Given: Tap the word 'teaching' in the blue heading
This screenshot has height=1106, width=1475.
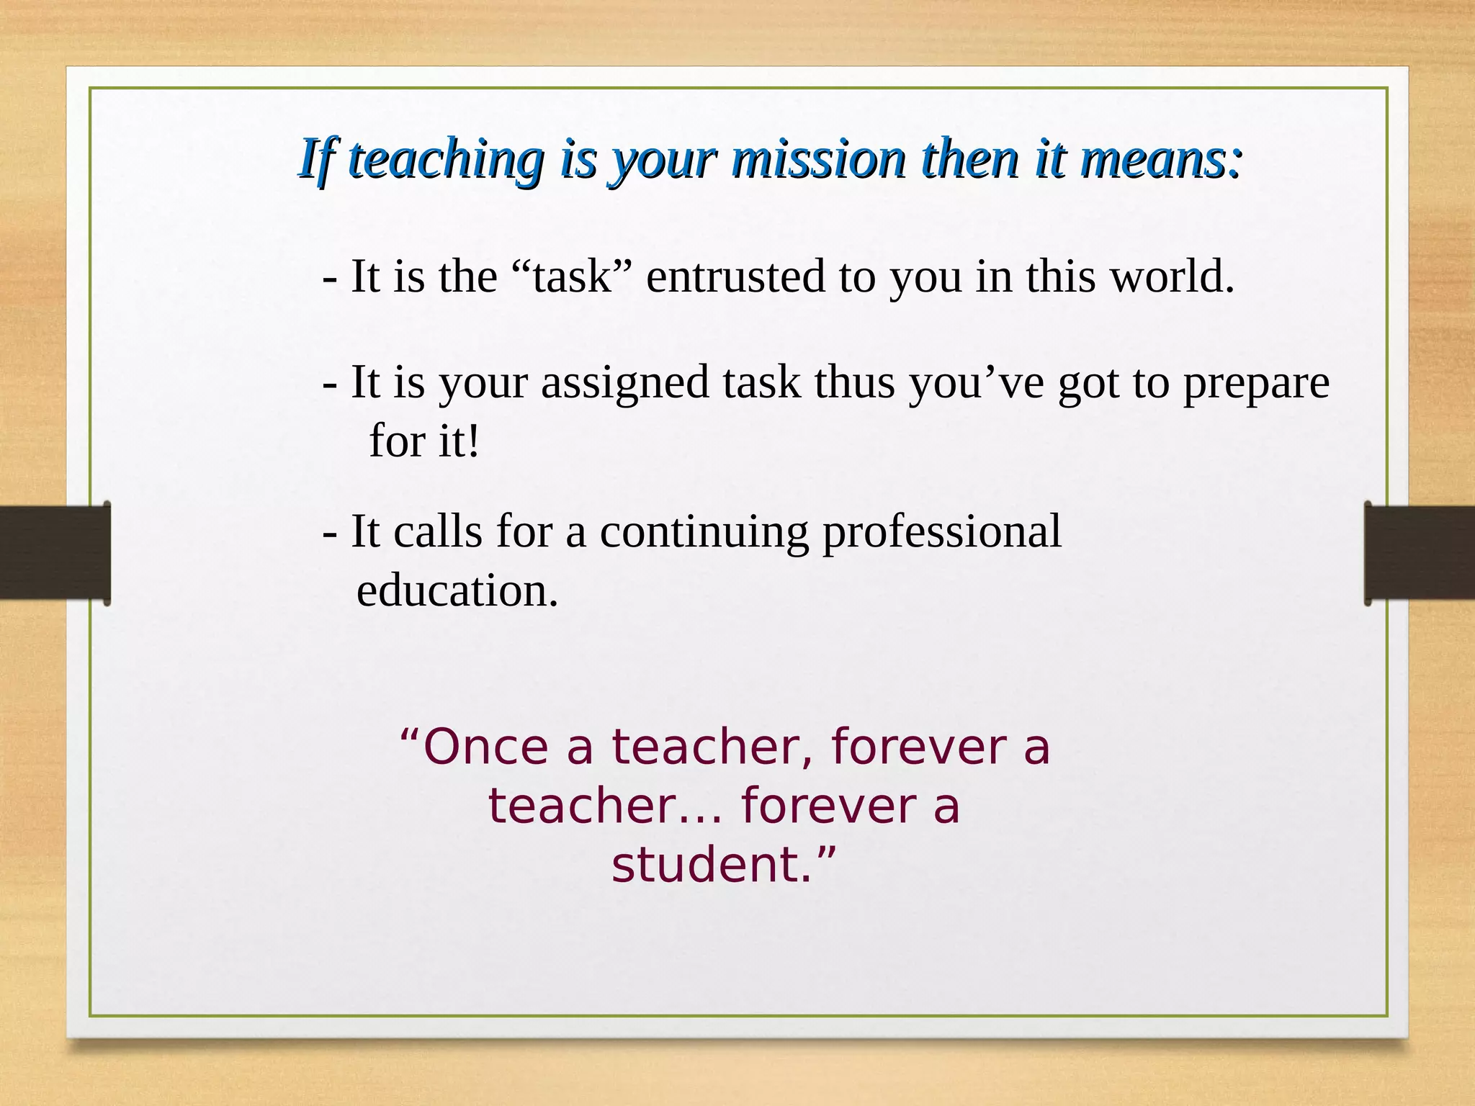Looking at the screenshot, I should pyautogui.click(x=444, y=160).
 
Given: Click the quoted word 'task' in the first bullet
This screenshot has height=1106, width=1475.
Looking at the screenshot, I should pyautogui.click(x=572, y=276).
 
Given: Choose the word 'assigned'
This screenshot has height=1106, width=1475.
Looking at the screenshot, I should pyautogui.click(x=625, y=382).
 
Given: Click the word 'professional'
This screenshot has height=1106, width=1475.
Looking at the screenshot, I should pyautogui.click(x=942, y=533).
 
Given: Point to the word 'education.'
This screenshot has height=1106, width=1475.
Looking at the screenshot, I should pyautogui.click(x=457, y=591).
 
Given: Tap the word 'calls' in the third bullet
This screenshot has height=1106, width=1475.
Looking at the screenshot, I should pyautogui.click(x=437, y=531).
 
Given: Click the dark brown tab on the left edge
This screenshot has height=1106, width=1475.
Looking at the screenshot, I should pyautogui.click(x=55, y=552).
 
